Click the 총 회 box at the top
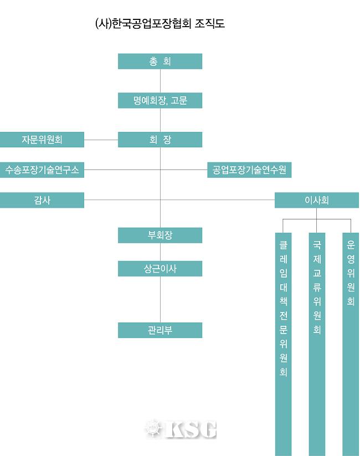[160, 62]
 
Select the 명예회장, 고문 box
[160, 100]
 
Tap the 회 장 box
[160, 140]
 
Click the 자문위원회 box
[42, 140]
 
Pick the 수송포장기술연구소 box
[42, 170]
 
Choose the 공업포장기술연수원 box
[249, 170]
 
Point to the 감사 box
[42, 200]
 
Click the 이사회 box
[317, 200]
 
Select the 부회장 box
[160, 235]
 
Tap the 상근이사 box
[160, 269]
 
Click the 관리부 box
[160, 330]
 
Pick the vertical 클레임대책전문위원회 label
[284, 308]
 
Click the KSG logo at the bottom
[181, 429]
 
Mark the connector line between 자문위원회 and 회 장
[101, 140]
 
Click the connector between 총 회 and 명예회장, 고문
[160, 81]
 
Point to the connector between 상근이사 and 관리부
[160, 299]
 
